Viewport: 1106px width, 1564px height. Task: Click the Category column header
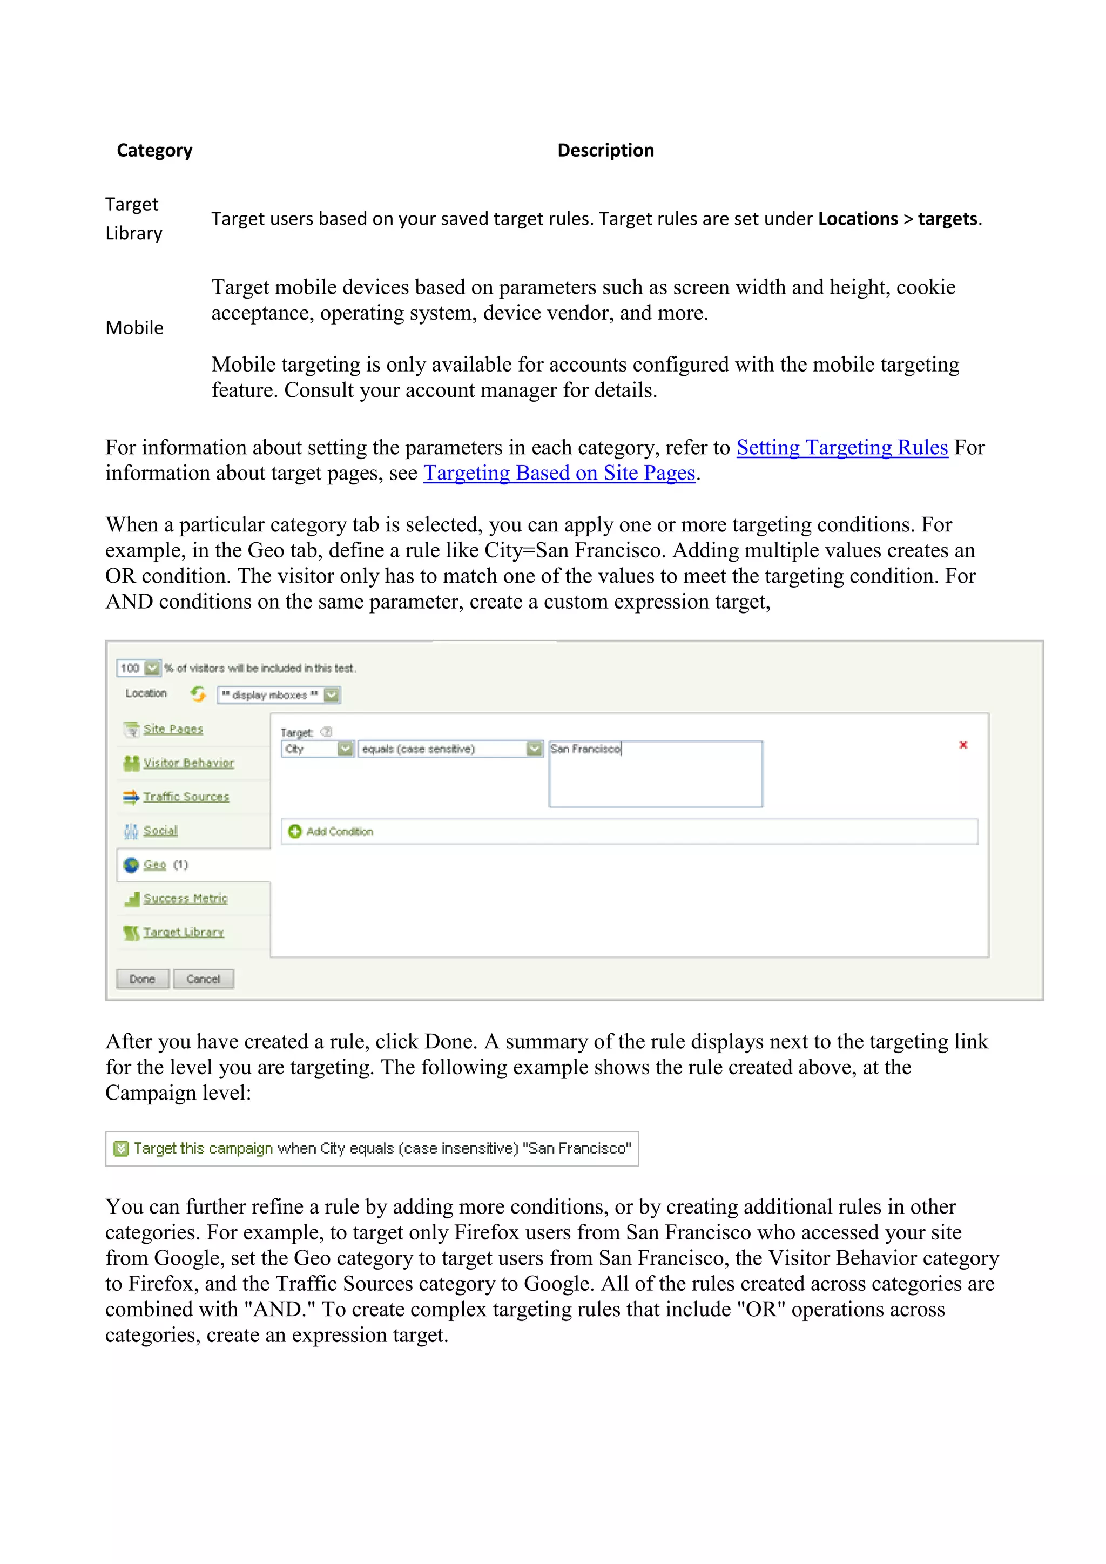click(x=154, y=151)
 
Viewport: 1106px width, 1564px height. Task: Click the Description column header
click(x=605, y=151)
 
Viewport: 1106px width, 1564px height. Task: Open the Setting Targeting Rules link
click(x=842, y=448)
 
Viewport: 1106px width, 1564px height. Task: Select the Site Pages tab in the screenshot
click(x=173, y=729)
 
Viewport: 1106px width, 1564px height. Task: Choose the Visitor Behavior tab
click(x=188, y=763)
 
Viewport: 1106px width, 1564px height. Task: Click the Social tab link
click(x=160, y=831)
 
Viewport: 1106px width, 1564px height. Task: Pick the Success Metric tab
click(x=185, y=899)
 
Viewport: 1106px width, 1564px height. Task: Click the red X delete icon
click(x=963, y=745)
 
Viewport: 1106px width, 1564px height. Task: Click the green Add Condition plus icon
click(x=295, y=831)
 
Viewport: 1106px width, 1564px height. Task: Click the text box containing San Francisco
click(x=655, y=774)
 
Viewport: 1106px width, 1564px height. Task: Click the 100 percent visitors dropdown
click(x=139, y=668)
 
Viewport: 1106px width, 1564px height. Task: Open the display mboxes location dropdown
click(x=279, y=695)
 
